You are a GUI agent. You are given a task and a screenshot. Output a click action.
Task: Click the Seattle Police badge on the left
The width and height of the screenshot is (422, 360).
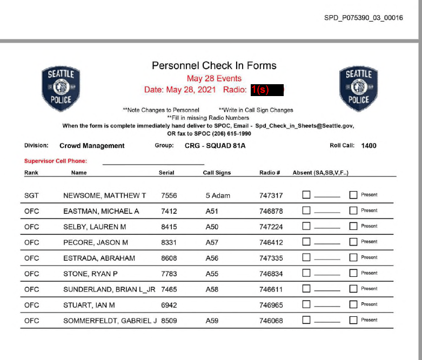tap(61, 89)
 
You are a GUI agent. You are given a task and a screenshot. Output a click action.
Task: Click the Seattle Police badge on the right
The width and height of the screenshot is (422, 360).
tap(358, 89)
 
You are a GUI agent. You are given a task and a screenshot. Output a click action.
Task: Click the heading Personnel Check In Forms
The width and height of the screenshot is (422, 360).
tap(214, 65)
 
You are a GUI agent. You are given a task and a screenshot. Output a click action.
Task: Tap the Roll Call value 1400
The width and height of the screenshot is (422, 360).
tap(369, 146)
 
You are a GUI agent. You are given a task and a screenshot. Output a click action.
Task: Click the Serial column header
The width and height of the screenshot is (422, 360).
tap(166, 173)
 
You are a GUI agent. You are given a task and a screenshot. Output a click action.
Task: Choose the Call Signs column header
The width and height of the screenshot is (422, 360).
tap(217, 173)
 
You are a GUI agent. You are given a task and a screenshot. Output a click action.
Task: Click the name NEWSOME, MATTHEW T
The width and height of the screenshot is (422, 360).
tap(105, 195)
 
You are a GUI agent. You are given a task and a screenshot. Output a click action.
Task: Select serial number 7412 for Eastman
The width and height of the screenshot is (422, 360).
tap(169, 211)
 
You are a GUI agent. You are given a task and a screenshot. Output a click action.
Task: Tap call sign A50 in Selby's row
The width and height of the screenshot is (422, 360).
tap(212, 227)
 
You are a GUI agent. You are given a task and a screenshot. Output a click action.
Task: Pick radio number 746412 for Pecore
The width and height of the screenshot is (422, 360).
tap(271, 242)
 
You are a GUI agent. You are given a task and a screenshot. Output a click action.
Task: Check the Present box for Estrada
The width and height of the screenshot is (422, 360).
tap(353, 258)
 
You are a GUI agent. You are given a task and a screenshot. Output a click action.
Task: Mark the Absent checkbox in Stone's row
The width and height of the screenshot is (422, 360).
tap(306, 274)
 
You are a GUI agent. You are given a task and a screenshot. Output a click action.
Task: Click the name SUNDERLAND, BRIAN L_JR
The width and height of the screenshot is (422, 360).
tap(109, 289)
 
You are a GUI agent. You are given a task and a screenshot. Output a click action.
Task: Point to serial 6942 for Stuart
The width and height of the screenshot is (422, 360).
tap(169, 305)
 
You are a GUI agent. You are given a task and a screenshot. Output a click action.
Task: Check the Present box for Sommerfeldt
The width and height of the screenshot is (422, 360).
tap(353, 321)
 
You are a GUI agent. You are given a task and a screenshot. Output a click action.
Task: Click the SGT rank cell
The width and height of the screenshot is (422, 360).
tap(32, 195)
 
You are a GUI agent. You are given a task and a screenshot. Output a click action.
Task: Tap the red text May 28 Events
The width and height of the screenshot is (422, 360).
tap(214, 78)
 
